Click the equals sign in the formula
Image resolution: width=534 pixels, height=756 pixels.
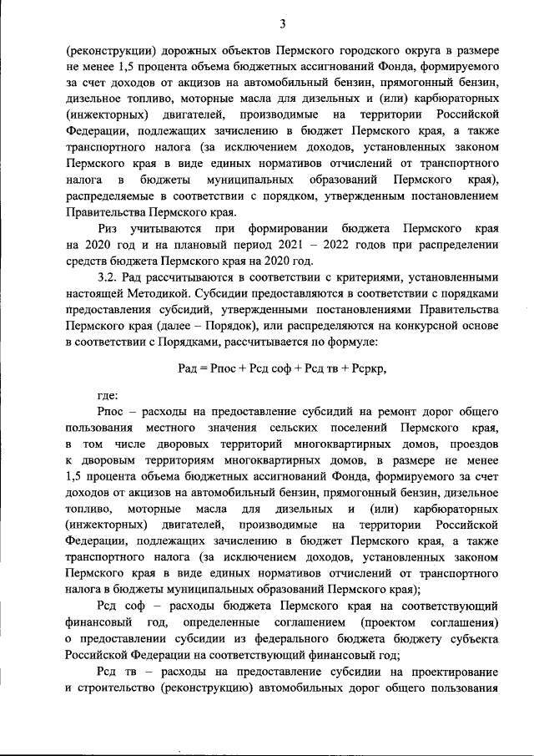coord(203,368)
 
